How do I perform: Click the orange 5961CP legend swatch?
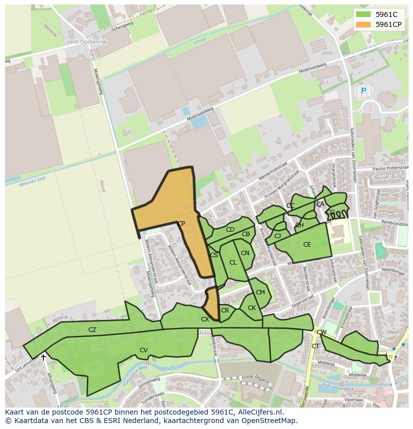coord(364,24)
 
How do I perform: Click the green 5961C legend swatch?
coord(364,14)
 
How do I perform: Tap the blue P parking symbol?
coord(364,91)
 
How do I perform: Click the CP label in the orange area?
coord(181,224)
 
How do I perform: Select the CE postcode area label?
coord(307,245)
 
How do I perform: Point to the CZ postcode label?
coord(92,329)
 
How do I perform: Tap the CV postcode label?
coord(144,350)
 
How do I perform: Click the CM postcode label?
coord(260,292)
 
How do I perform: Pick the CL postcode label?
coord(233,263)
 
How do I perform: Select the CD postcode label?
coord(230,230)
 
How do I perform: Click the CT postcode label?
coord(315,346)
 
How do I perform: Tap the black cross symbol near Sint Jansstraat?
coord(43,357)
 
